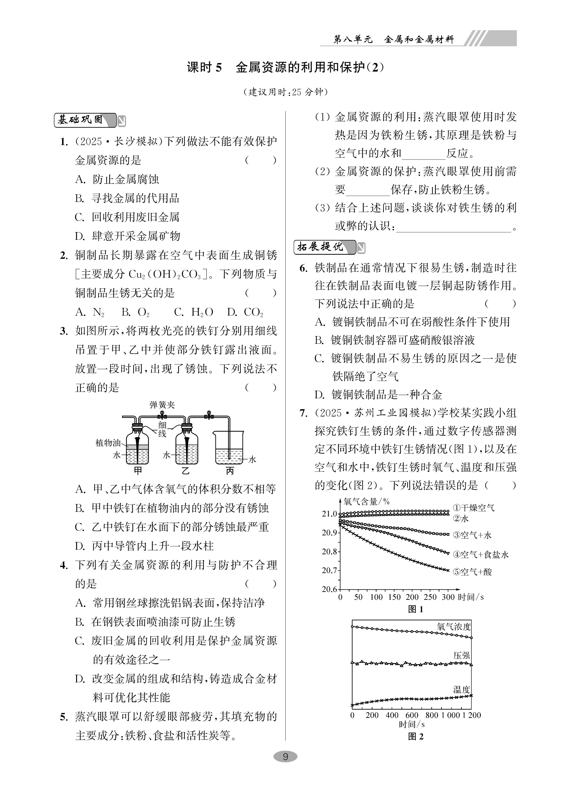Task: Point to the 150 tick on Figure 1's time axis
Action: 394,597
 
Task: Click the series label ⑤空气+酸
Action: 472,572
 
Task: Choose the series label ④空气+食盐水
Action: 480,555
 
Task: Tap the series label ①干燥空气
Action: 473,508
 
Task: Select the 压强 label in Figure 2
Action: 462,655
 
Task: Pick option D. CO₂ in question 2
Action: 245,312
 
